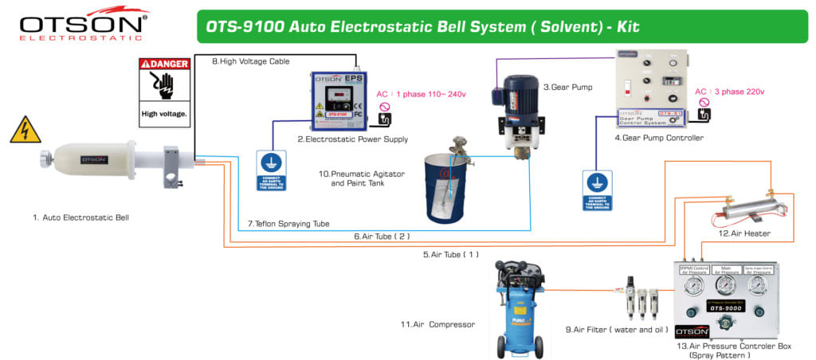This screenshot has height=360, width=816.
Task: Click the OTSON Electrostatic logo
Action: (x=84, y=24)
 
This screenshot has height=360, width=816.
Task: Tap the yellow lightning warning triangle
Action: (x=25, y=131)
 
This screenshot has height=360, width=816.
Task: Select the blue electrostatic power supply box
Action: (x=338, y=101)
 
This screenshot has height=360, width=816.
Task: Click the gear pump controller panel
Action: (x=651, y=88)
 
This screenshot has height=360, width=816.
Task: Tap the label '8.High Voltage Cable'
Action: (x=250, y=61)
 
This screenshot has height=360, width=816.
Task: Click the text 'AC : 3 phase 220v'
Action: (x=728, y=92)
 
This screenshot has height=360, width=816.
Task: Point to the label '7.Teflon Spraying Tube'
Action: (x=288, y=223)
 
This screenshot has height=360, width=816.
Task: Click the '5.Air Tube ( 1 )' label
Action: (x=450, y=254)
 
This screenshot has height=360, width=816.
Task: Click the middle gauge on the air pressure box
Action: (x=726, y=285)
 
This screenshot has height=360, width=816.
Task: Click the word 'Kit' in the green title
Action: (x=623, y=26)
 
